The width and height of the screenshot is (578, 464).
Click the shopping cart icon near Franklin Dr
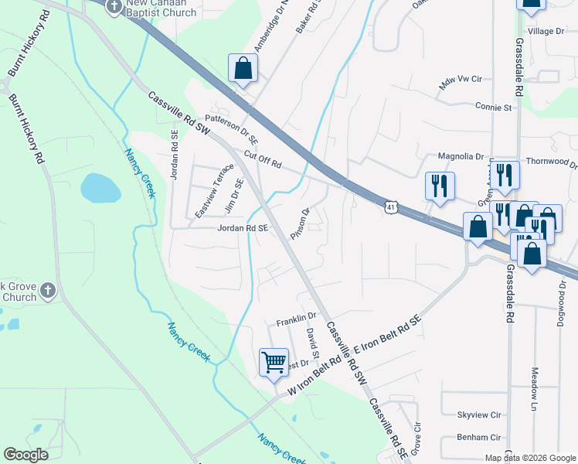(274, 361)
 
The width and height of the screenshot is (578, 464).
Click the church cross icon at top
(114, 8)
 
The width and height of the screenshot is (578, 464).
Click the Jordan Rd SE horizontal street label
(243, 228)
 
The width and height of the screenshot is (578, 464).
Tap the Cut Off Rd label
(263, 160)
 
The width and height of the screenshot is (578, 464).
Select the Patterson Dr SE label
(231, 128)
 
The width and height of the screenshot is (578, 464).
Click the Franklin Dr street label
(297, 316)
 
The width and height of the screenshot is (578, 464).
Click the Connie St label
(495, 107)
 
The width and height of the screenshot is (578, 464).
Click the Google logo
(26, 455)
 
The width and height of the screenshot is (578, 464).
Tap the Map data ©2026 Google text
(530, 458)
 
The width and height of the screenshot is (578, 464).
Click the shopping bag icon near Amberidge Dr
(243, 67)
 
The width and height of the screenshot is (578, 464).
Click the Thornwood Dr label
(551, 162)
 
